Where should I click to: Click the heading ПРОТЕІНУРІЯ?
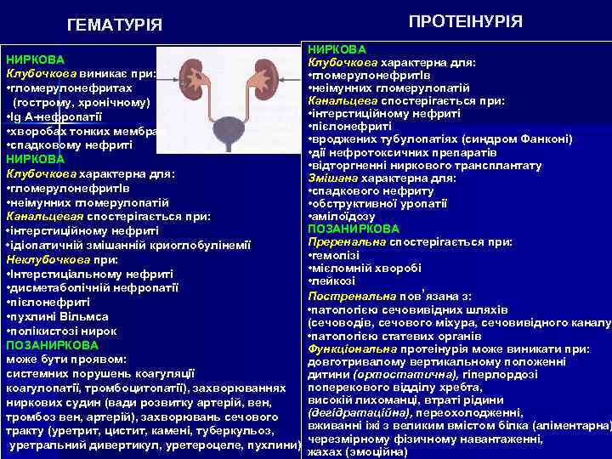coord(466,21)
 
